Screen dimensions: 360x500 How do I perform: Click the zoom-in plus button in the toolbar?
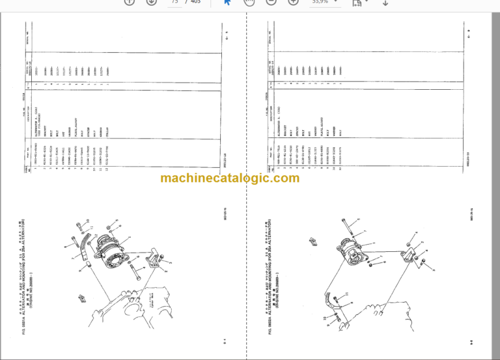pos(294,3)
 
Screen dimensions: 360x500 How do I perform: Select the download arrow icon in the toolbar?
pos(385,3)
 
